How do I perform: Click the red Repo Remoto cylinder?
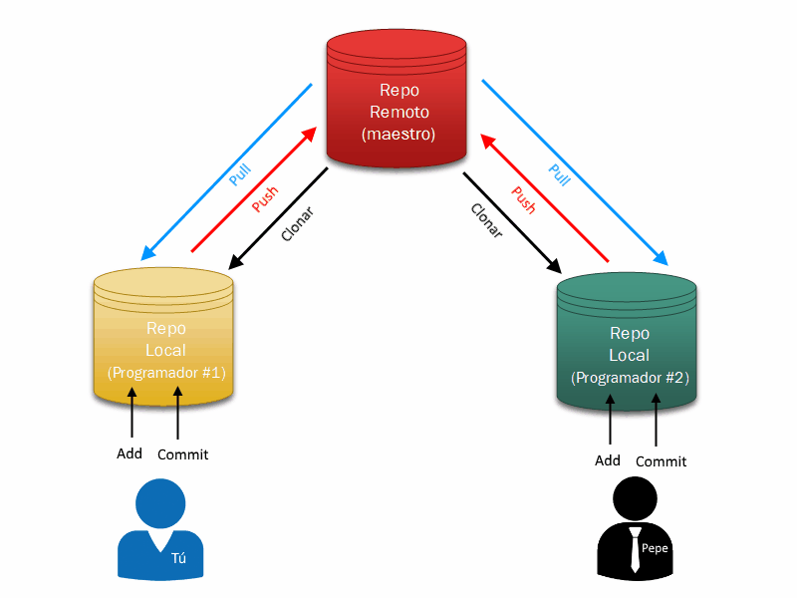(x=397, y=100)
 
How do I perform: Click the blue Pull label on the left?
(x=239, y=175)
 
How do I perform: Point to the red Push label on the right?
(x=523, y=200)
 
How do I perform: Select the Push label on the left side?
(x=265, y=199)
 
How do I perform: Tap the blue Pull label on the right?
(x=560, y=174)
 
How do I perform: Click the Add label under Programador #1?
(x=130, y=453)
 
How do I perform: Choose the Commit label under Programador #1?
(x=183, y=454)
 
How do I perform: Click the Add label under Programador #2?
(x=608, y=460)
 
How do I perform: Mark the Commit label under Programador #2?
(x=662, y=461)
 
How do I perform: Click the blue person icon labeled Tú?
(x=159, y=533)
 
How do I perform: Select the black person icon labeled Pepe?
(x=636, y=533)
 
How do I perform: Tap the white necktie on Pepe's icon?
(x=635, y=549)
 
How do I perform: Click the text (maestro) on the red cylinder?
(x=398, y=133)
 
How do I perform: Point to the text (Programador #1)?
(x=166, y=373)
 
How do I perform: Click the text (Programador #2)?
(x=630, y=379)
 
